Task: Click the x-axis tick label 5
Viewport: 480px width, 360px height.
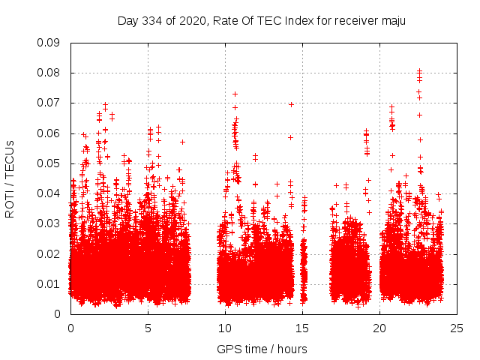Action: (148, 328)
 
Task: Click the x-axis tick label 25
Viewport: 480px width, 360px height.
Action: (457, 328)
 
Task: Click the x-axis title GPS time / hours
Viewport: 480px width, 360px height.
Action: (262, 349)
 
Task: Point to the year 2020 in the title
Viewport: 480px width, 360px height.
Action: (191, 20)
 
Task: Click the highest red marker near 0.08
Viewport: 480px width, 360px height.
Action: (419, 71)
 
